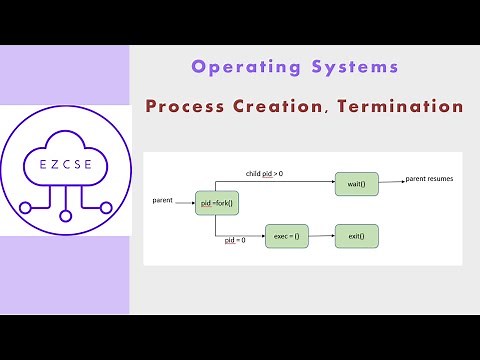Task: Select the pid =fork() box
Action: coord(215,203)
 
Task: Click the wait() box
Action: coord(356,184)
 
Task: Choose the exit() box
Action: coord(356,237)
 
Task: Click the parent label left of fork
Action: coord(165,200)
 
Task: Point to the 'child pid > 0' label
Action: coord(264,174)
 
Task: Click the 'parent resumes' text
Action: coord(430,180)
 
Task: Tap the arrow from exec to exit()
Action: coord(322,237)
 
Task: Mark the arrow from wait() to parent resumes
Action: coord(390,184)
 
